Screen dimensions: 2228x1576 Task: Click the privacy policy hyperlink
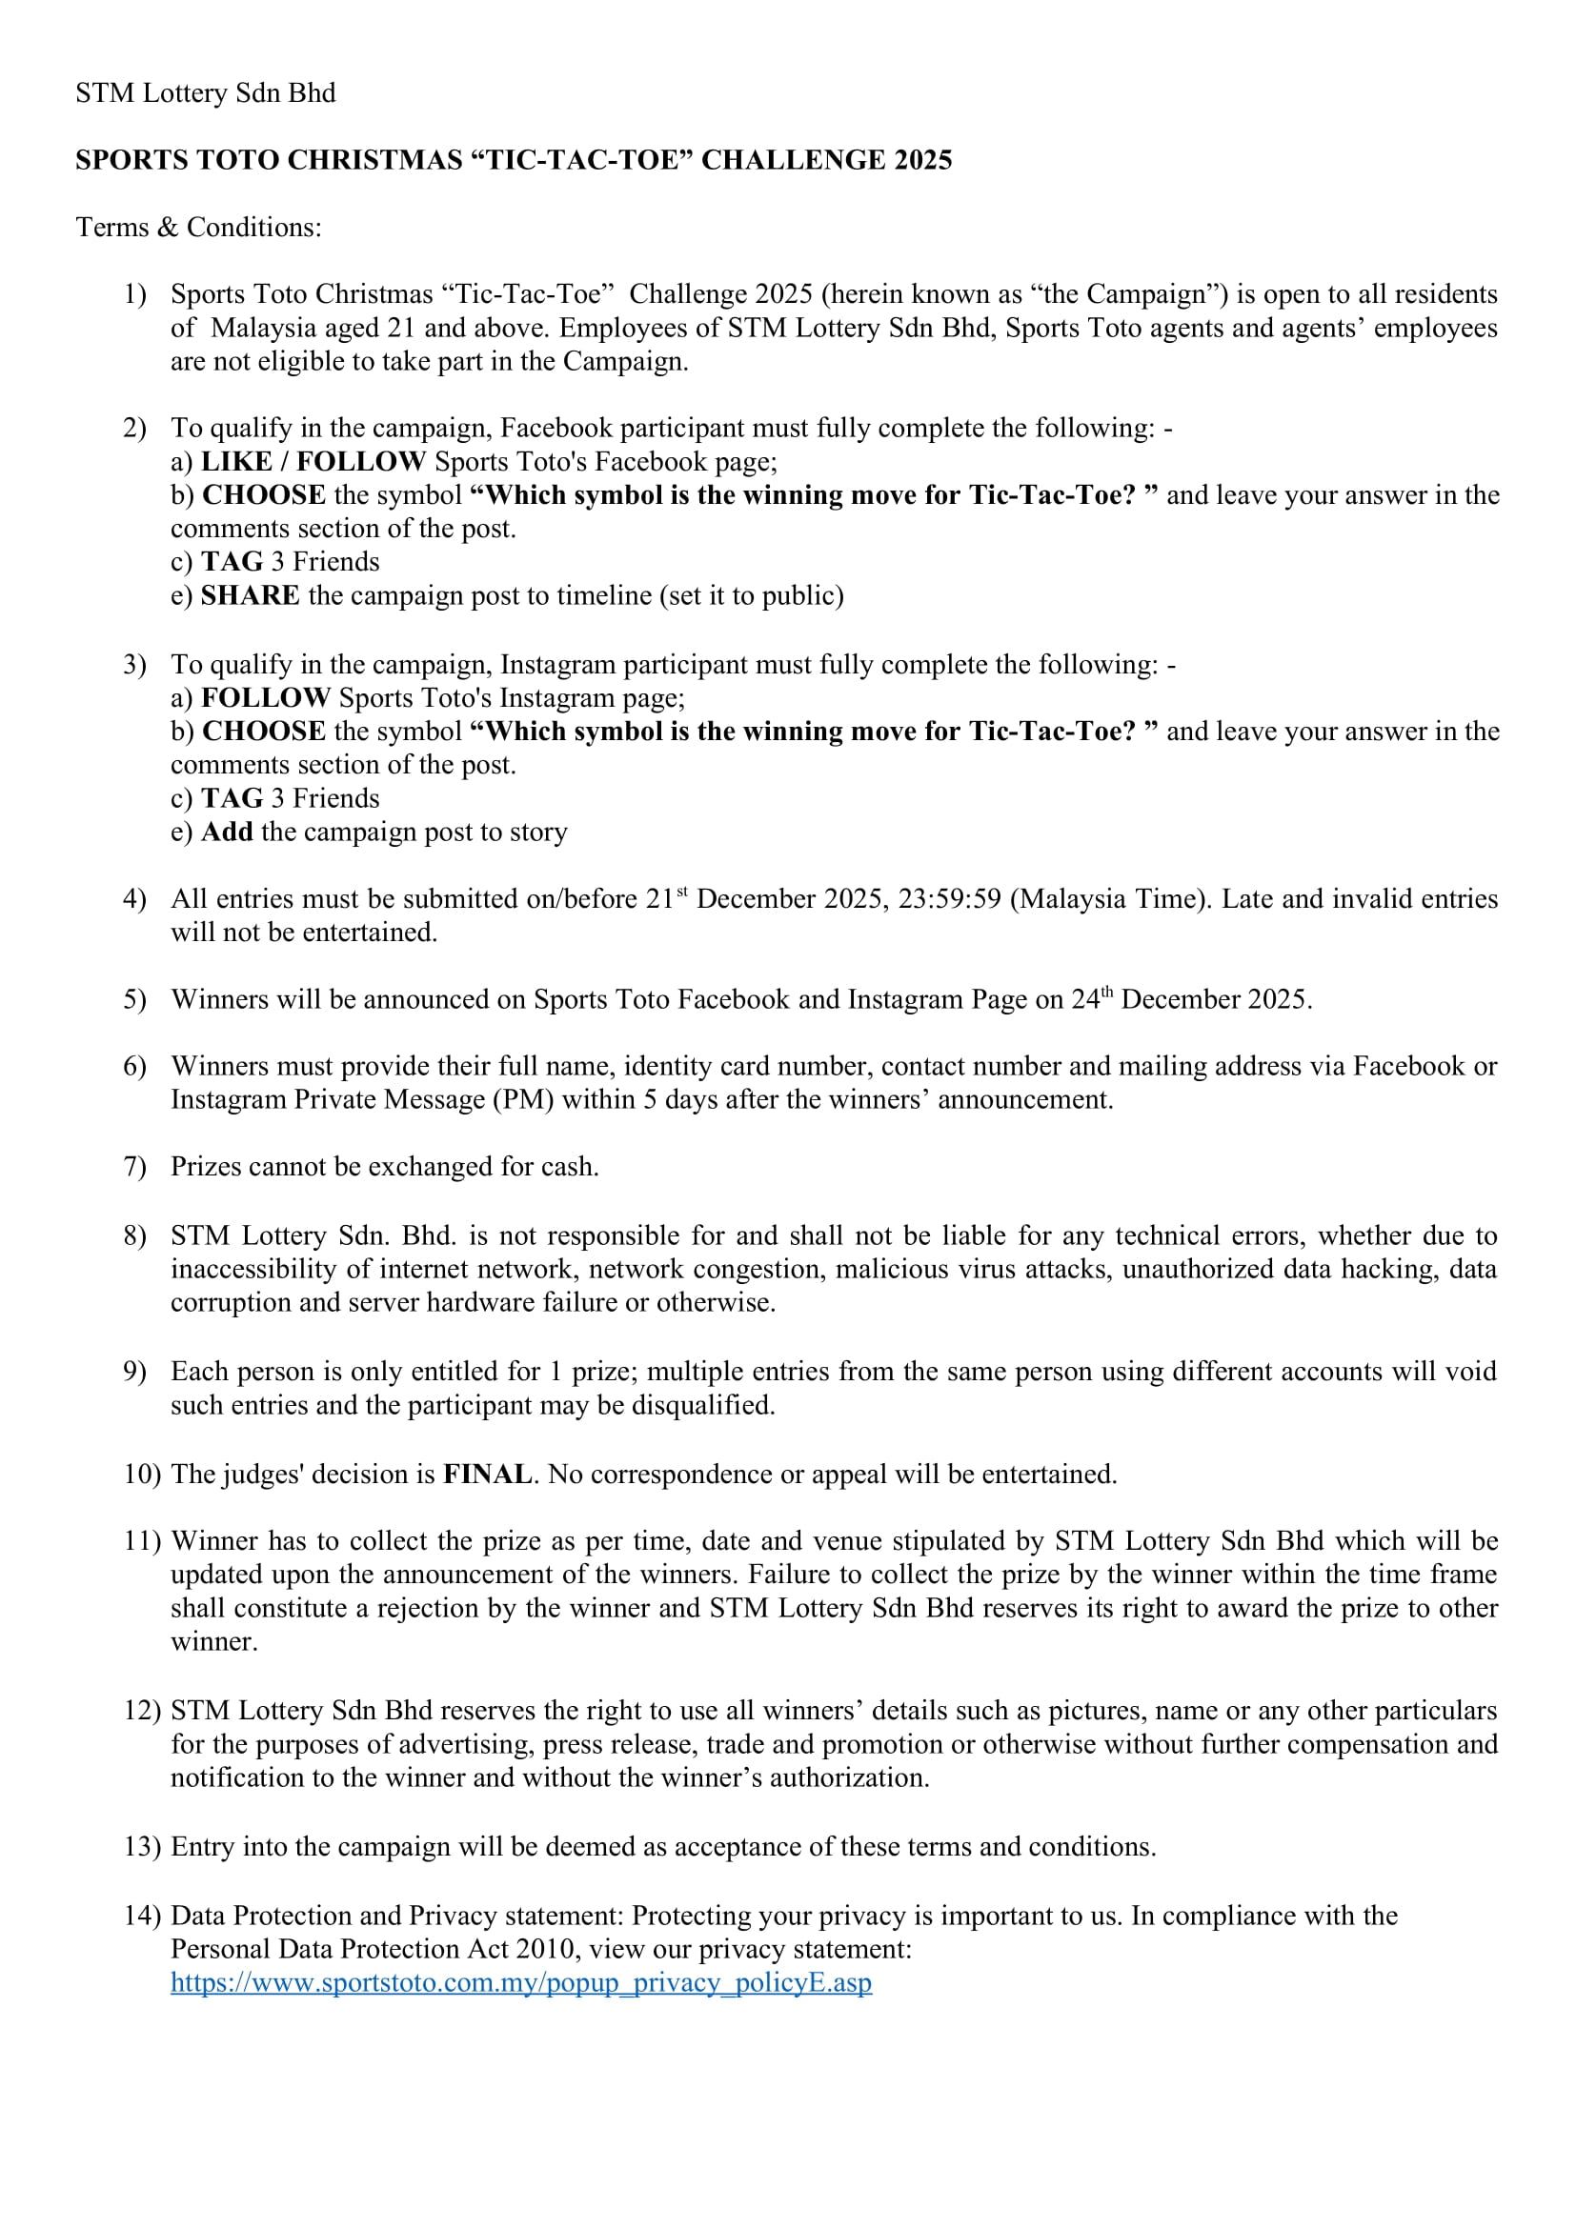521,1982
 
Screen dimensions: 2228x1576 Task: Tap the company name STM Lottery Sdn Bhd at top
206,93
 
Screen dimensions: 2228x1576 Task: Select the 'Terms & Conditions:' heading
199,227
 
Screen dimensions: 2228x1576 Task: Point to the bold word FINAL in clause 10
487,1474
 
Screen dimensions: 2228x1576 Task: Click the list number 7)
135,1167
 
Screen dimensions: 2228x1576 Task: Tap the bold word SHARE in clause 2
251,594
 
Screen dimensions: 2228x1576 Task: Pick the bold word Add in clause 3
227,832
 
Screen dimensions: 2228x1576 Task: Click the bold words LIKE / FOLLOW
313,461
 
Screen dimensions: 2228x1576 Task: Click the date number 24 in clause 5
1085,1000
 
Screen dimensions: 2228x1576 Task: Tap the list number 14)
142,1916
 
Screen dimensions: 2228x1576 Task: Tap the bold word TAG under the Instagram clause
232,797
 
